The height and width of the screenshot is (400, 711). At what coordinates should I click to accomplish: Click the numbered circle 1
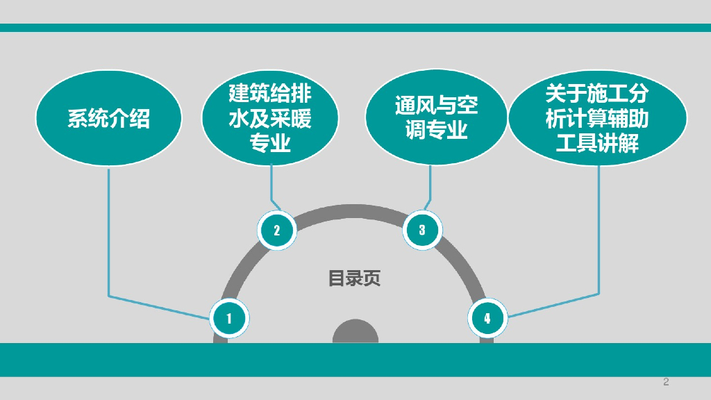point(229,318)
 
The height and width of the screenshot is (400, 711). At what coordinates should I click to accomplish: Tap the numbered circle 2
point(276,230)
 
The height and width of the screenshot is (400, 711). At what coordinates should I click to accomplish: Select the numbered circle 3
point(422,230)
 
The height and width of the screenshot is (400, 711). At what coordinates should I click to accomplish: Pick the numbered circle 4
point(487,318)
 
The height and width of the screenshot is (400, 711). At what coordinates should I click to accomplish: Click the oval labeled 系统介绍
point(108,118)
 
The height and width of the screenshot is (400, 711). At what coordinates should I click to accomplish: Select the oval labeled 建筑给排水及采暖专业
point(269,119)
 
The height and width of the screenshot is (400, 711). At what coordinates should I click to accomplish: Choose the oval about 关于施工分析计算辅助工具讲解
point(597,118)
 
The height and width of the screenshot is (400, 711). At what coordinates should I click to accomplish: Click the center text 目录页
point(354,279)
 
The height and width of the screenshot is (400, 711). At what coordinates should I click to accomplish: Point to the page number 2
point(666,382)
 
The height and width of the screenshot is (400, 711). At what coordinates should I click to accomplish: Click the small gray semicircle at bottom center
point(355,333)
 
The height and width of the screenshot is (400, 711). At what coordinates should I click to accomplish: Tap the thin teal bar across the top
point(355,28)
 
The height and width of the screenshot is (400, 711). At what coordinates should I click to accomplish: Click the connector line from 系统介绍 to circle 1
point(109,236)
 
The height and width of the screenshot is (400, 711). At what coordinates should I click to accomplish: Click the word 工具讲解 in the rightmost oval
point(597,144)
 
